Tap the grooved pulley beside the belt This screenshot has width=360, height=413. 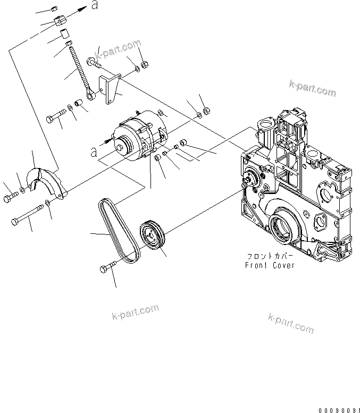pos(153,235)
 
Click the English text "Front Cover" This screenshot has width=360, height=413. pos(270,265)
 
